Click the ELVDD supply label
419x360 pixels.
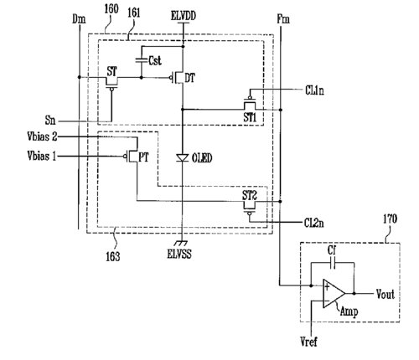tap(184, 15)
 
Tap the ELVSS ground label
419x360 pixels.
tap(179, 254)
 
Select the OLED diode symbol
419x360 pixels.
tap(183, 158)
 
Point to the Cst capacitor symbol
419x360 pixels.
tap(142, 60)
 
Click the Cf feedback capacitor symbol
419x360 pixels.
tap(333, 263)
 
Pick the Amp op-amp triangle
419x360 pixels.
tap(334, 294)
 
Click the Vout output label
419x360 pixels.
tap(385, 295)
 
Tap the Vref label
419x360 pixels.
tap(308, 342)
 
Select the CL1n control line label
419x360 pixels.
tap(314, 90)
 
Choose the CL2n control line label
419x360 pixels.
tap(314, 223)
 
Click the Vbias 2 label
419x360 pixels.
tap(42, 136)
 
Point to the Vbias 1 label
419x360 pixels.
tap(42, 156)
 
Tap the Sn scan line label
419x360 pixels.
tap(50, 121)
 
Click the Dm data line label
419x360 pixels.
tap(79, 19)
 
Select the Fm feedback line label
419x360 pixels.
tap(283, 19)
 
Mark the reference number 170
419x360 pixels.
tap(390, 219)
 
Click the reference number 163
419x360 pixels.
tap(113, 256)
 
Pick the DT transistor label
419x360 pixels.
tap(190, 78)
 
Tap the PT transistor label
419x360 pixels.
tap(143, 157)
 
